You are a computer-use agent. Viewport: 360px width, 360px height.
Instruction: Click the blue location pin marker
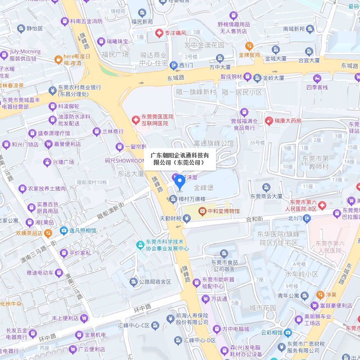point(180,182)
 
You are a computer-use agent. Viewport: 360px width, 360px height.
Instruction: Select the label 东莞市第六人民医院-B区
point(304,206)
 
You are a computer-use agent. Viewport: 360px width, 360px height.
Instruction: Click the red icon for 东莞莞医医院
point(135,120)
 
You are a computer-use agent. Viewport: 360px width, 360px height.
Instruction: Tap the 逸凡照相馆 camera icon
point(63,230)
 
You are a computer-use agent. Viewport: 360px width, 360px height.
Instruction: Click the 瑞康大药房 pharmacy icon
point(269,121)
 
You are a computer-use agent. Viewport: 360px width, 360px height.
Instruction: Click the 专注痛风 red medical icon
point(158,33)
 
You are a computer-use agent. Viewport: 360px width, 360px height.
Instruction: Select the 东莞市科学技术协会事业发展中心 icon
point(140,244)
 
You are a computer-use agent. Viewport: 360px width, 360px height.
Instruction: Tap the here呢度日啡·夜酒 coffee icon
point(58,59)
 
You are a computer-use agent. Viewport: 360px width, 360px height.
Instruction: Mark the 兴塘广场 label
point(63,162)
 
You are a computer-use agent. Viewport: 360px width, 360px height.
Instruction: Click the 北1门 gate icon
point(307,219)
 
